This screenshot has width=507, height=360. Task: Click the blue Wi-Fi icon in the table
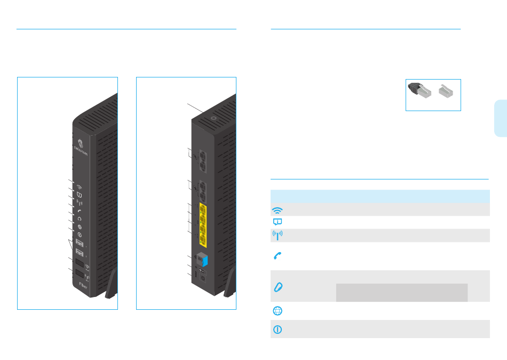[x=278, y=209]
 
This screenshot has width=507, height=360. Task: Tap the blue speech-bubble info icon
[x=278, y=222]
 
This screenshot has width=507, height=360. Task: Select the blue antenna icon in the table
[x=278, y=236]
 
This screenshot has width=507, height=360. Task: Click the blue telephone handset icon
[x=278, y=256]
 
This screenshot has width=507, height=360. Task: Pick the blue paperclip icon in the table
[x=278, y=286]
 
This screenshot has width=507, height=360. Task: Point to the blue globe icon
[x=278, y=311]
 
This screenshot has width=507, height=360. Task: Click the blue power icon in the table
[x=278, y=330]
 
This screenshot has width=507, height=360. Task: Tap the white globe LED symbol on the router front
[x=79, y=226]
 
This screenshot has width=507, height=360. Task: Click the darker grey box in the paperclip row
[x=401, y=292]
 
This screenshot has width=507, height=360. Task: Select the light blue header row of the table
[x=380, y=195]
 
